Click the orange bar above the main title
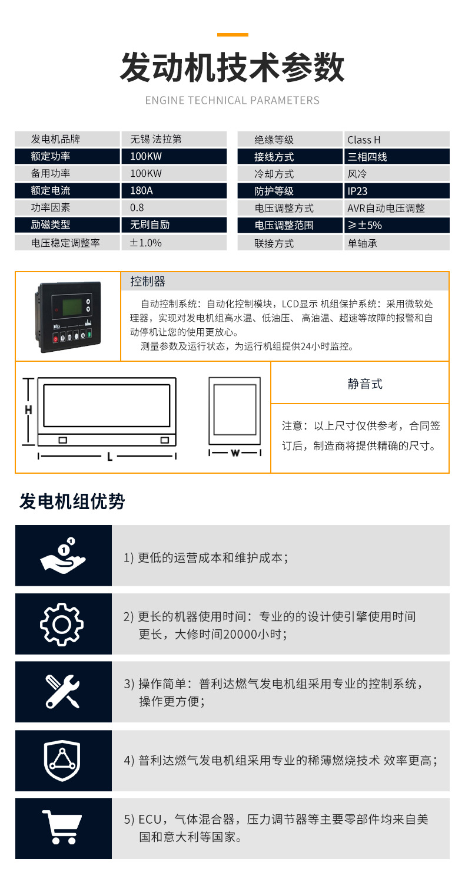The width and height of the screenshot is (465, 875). click(232, 35)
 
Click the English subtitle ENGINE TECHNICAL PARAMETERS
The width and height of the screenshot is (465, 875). click(232, 100)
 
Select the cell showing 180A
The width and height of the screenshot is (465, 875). click(174, 191)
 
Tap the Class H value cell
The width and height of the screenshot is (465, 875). click(397, 140)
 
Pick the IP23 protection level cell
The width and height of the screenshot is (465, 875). click(397, 191)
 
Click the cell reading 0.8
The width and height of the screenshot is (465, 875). click(174, 208)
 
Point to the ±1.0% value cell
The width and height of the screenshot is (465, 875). click(174, 243)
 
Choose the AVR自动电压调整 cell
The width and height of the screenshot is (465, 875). click(397, 208)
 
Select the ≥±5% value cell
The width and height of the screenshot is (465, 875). click(397, 226)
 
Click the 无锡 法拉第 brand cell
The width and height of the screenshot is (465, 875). click(174, 139)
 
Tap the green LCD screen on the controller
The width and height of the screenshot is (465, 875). click(72, 307)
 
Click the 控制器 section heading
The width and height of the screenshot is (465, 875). click(148, 281)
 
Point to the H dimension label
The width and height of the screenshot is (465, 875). click(28, 410)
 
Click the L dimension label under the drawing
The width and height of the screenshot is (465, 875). click(109, 456)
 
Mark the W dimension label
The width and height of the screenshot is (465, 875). click(235, 453)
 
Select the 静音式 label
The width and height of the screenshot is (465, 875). click(365, 384)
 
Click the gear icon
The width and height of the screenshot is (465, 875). click(62, 624)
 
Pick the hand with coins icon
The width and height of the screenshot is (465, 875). click(63, 556)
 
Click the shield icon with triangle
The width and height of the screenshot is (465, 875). click(62, 760)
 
